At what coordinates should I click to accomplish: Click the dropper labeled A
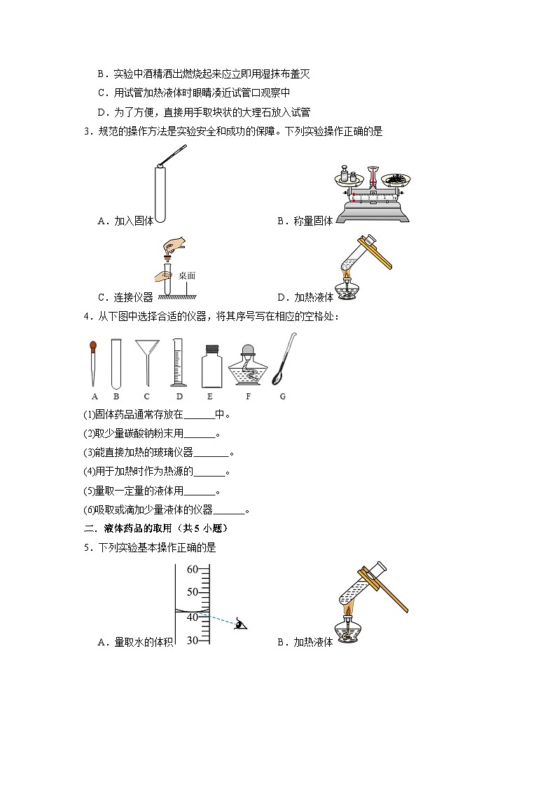point(93,362)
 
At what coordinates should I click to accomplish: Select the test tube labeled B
point(116,363)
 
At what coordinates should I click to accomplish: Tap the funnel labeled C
point(147,359)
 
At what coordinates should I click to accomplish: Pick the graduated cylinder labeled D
point(179,362)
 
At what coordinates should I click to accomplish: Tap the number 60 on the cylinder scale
point(193,570)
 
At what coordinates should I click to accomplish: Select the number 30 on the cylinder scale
point(193,641)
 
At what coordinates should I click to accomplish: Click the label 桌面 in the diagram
point(186,275)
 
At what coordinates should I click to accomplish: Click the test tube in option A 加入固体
point(159,193)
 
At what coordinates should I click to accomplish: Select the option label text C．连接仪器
point(125,297)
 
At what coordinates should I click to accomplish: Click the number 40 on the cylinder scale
point(193,617)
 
